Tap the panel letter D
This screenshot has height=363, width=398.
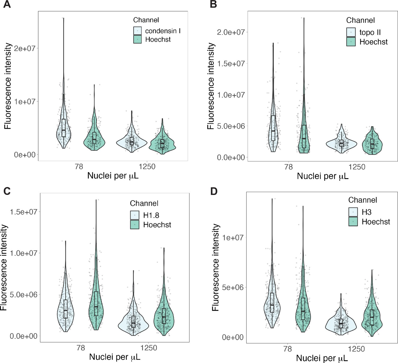[214, 191]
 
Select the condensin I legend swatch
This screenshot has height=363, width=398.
[137, 31]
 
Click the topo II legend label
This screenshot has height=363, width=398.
[370, 32]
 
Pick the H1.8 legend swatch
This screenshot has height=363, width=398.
[135, 215]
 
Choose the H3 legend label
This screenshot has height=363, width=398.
[366, 212]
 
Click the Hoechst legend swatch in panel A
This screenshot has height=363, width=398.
[137, 40]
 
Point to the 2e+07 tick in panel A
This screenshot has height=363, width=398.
[25, 48]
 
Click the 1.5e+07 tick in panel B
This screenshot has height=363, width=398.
[231, 63]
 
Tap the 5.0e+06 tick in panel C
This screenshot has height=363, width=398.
[23, 294]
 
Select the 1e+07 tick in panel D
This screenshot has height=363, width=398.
[233, 237]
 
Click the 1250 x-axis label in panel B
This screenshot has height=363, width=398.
[357, 167]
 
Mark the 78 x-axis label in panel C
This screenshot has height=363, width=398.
[81, 348]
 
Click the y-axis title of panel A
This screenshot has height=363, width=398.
[8, 86]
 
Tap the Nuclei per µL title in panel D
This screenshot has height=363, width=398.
[322, 358]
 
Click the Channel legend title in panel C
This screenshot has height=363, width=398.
[144, 203]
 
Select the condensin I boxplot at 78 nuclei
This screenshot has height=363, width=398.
[64, 128]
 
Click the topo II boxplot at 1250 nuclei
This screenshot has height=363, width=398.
[341, 143]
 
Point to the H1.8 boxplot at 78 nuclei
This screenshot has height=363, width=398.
[66, 309]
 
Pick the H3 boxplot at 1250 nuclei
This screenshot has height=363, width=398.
[341, 323]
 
